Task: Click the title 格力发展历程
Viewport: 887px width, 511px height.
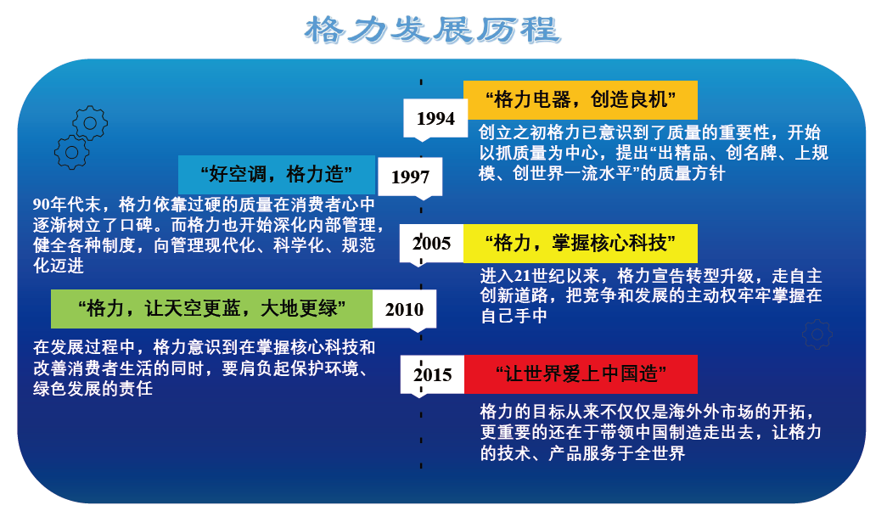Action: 433,30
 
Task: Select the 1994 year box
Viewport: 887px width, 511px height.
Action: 435,118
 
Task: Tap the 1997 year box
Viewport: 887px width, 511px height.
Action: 410,177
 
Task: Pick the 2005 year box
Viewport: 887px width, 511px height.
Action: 432,244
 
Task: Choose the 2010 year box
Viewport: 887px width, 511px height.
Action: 405,309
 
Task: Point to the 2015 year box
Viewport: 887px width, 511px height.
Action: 433,374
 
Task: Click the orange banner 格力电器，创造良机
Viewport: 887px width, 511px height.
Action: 581,100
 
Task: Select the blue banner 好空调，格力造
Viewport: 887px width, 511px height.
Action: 277,175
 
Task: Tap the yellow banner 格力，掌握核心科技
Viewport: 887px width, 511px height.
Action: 581,244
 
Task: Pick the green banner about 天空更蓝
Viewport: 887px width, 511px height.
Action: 211,309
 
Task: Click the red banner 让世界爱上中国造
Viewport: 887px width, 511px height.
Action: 581,374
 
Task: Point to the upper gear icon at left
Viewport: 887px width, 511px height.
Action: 90,123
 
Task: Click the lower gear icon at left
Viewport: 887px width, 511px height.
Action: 72,152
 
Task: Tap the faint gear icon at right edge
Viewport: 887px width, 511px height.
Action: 817,334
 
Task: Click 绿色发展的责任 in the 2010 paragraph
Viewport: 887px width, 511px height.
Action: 93,389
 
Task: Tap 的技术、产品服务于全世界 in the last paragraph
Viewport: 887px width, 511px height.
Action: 582,453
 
